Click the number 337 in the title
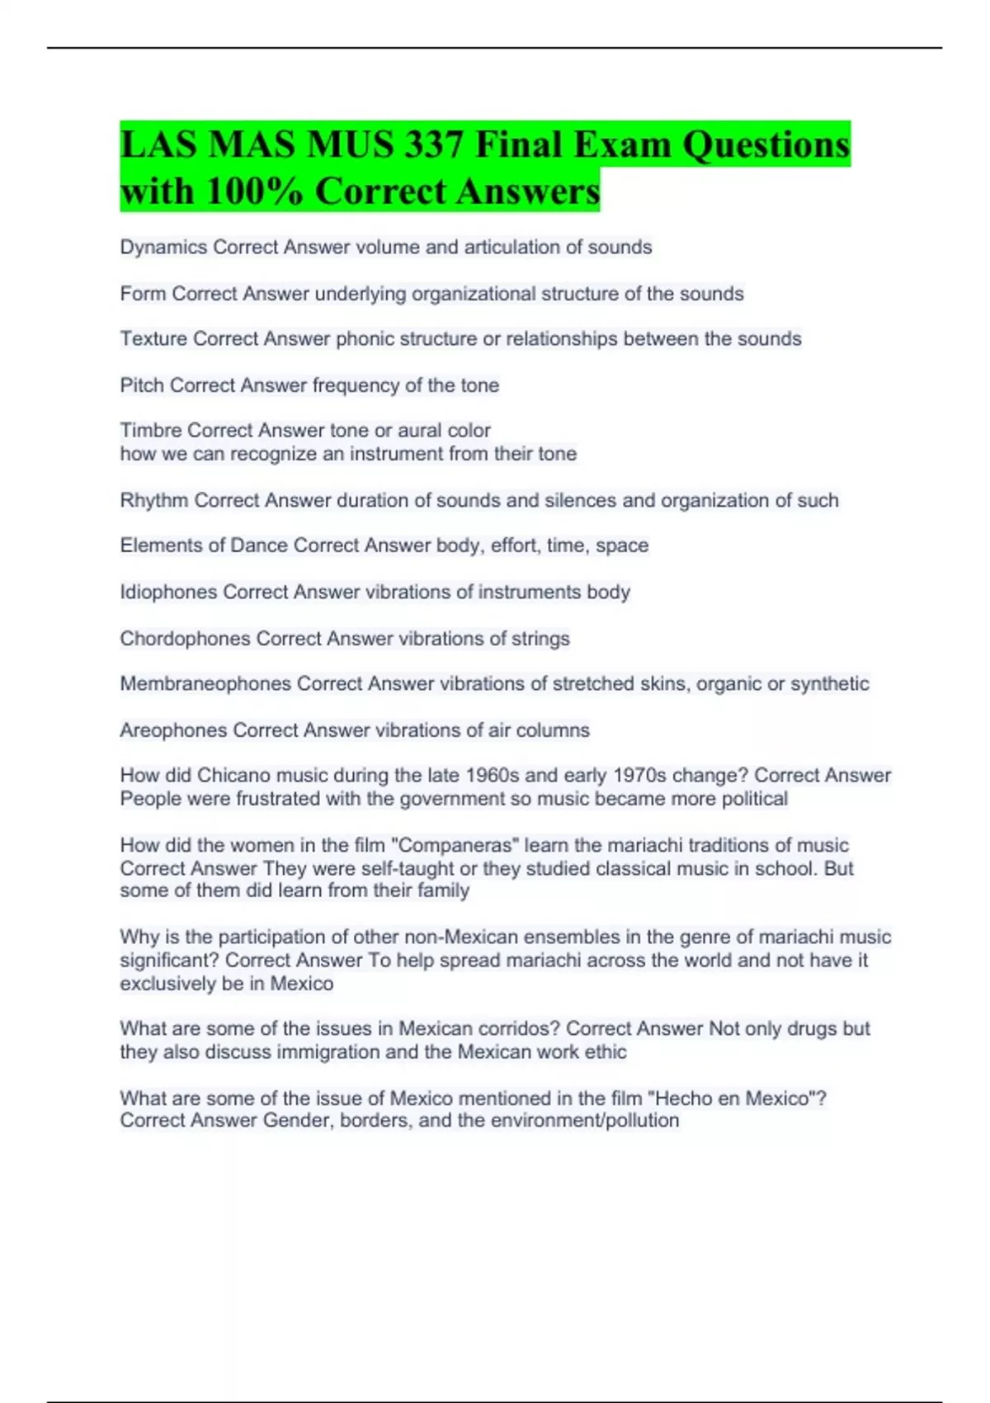coord(432,145)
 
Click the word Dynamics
coord(163,248)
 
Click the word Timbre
coord(151,431)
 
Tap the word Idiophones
coord(169,592)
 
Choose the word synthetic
coord(829,684)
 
